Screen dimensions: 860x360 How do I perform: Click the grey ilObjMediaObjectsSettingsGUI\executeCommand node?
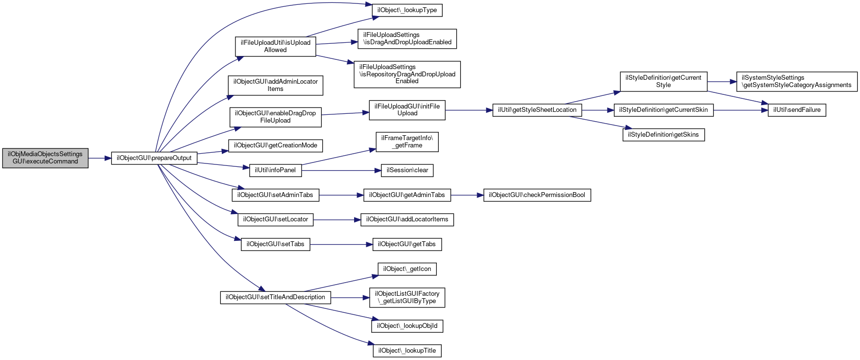click(x=45, y=158)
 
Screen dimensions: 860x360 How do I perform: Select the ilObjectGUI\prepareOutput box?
click(x=154, y=158)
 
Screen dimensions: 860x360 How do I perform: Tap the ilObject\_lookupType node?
click(x=407, y=10)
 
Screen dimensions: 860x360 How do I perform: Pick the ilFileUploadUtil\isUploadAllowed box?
click(x=275, y=46)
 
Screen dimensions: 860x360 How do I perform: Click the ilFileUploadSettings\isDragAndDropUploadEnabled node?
click(x=407, y=39)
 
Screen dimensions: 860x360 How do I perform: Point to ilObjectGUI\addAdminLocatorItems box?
click(x=275, y=85)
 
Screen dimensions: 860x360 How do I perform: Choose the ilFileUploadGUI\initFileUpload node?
click(x=407, y=110)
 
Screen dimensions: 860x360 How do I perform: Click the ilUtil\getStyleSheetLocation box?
click(x=537, y=110)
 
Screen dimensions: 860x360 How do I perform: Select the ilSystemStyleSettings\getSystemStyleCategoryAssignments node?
click(x=797, y=82)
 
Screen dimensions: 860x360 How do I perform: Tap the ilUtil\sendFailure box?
click(x=797, y=110)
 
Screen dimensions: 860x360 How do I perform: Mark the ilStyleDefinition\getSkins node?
click(x=663, y=135)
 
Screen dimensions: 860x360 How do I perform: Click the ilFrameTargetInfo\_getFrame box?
click(x=407, y=142)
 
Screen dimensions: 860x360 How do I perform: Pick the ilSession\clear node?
click(x=407, y=170)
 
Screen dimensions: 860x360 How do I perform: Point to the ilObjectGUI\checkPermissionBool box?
click(x=537, y=195)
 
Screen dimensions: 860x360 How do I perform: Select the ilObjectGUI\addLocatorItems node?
click(x=407, y=219)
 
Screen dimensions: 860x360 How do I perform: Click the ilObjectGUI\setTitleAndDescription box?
click(x=275, y=297)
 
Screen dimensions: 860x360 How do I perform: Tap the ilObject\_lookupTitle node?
click(x=407, y=351)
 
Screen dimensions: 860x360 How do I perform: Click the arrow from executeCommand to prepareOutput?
click(x=100, y=158)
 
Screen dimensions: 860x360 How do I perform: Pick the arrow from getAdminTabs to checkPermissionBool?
click(x=467, y=195)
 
